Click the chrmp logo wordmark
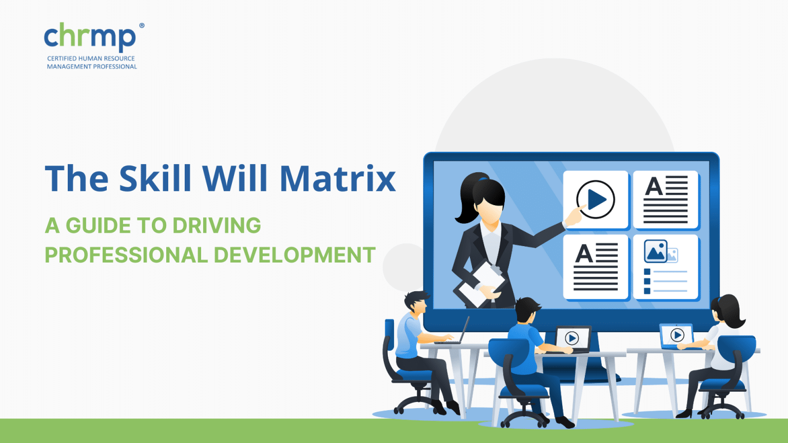coord(89,37)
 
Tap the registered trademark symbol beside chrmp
coord(142,26)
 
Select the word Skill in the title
coord(155,178)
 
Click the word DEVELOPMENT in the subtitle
coord(294,255)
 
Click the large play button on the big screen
coord(596,199)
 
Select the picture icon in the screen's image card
coord(656,251)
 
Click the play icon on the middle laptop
coord(572,338)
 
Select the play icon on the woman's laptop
coord(677,335)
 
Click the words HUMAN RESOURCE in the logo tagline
coord(106,58)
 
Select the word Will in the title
coord(235,178)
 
